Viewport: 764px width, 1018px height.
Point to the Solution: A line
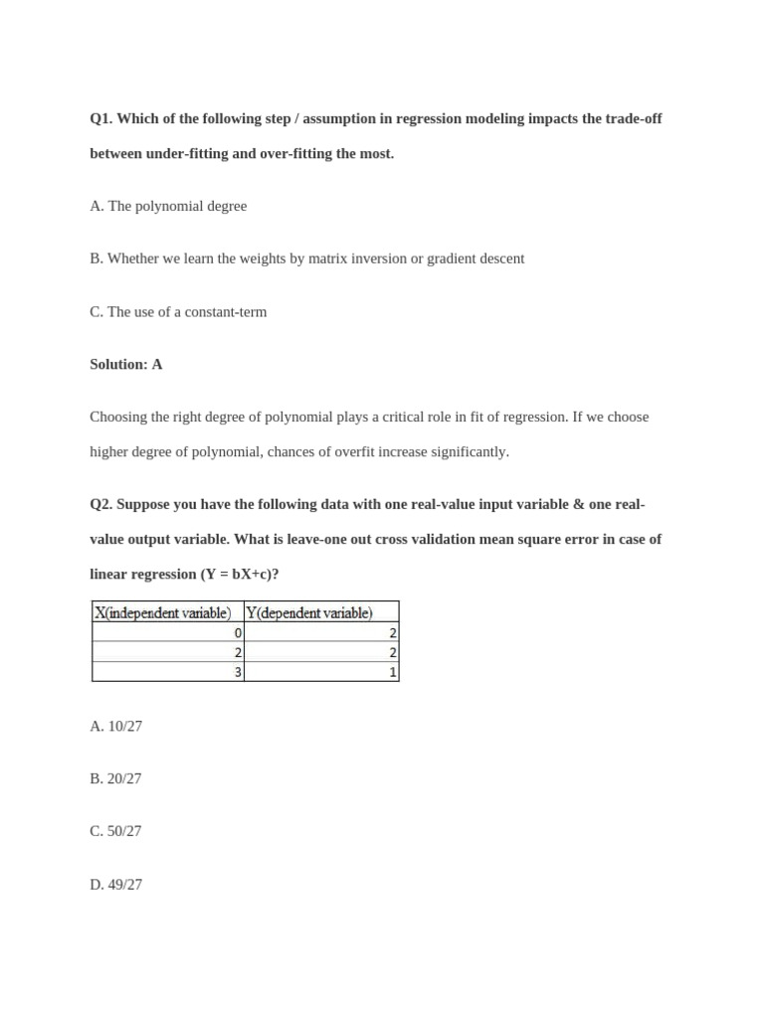pos(126,365)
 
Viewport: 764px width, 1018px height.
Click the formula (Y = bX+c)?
pos(239,575)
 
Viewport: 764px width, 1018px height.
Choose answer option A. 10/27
pos(116,727)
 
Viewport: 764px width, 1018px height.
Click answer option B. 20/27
pos(116,779)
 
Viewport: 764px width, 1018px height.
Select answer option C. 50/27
pos(116,831)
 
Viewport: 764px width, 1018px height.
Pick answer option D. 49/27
pos(116,884)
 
